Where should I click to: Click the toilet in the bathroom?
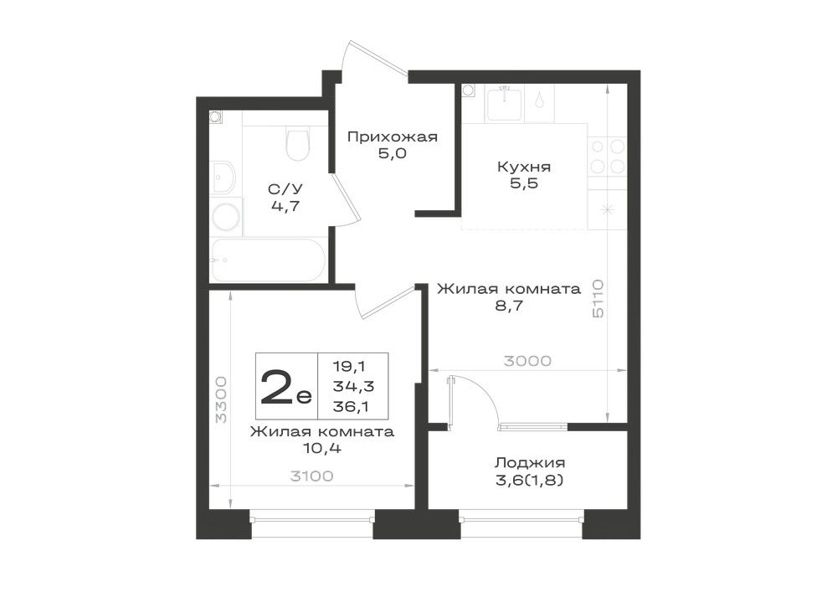pos(298,143)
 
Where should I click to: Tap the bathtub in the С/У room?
pos(269,260)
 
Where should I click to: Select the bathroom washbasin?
pos(223,178)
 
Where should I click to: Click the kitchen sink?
pos(504,103)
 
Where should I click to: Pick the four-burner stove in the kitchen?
pos(607,157)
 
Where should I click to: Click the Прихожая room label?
pos(393,137)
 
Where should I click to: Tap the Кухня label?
pos(524,167)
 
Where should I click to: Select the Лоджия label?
pos(530,463)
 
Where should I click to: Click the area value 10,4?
pos(322,449)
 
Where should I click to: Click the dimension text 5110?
pos(598,298)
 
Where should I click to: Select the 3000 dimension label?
pos(527,362)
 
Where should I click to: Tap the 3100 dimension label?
pos(311,476)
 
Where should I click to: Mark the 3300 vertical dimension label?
pos(220,399)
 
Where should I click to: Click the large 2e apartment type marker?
pos(285,387)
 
